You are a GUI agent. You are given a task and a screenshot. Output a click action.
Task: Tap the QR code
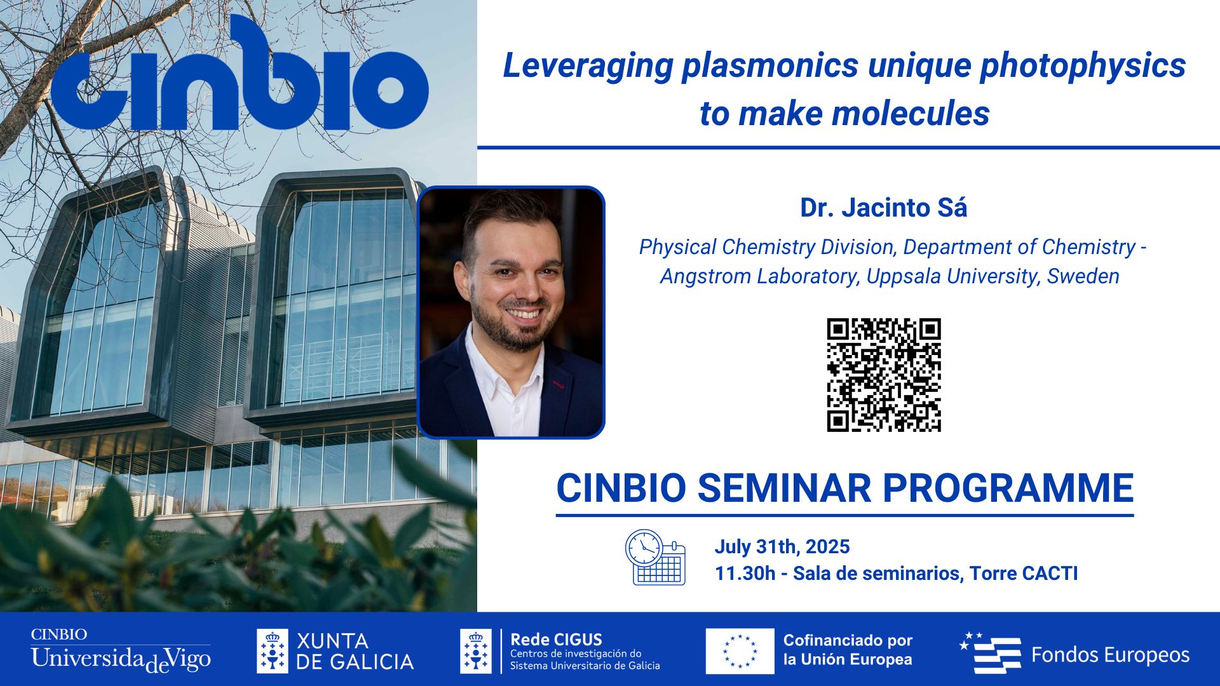pos(883,375)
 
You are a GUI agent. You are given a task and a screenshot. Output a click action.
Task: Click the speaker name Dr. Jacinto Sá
pos(883,208)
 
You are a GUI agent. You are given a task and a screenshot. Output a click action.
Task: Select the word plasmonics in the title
pos(770,66)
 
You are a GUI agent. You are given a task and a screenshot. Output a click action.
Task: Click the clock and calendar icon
pos(654,557)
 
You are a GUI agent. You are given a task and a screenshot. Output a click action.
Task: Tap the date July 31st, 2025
pos(782,547)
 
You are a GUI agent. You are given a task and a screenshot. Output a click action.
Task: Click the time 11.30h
pos(745,574)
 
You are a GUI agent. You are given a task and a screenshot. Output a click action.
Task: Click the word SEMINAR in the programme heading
pos(785,488)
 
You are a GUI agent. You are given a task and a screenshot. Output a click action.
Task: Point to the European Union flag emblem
pos(740,651)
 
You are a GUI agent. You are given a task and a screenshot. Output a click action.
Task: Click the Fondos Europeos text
pos(1109,655)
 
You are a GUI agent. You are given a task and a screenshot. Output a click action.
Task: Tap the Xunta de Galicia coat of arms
pos(272,651)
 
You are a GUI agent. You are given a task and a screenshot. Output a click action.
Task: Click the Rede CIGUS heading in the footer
pos(556,640)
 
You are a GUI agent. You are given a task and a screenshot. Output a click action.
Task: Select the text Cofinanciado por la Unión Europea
pos(848,650)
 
